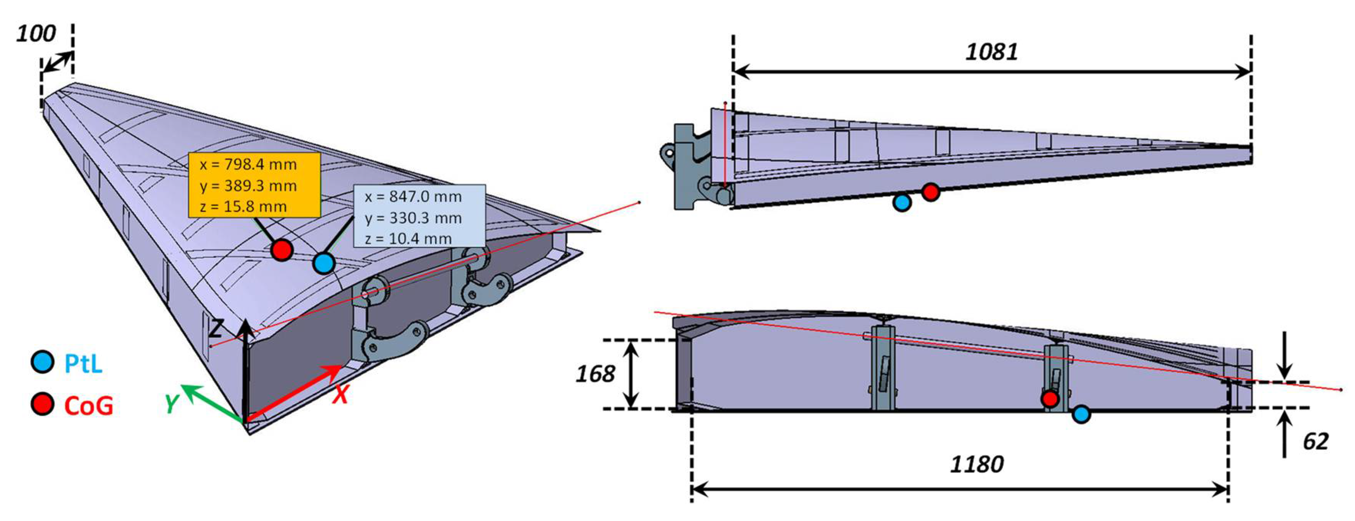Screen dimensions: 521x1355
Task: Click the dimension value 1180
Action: click(x=977, y=464)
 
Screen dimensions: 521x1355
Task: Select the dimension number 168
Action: click(x=595, y=374)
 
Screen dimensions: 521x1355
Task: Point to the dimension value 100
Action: click(x=36, y=34)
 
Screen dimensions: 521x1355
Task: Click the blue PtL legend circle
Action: click(x=43, y=362)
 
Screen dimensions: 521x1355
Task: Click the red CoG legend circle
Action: click(x=43, y=404)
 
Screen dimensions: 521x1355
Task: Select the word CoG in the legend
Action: click(x=88, y=406)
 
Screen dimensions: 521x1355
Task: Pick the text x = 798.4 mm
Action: click(x=248, y=164)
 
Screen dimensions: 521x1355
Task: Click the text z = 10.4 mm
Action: click(x=408, y=239)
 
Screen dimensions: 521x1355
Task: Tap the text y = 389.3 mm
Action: click(x=248, y=186)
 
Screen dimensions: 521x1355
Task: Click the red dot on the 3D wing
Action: click(x=281, y=250)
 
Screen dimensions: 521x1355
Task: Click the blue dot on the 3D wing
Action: click(x=323, y=262)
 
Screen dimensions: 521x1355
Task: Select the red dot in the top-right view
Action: click(x=931, y=192)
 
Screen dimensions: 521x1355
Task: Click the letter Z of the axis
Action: click(x=216, y=328)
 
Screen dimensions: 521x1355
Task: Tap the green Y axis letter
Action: click(x=172, y=404)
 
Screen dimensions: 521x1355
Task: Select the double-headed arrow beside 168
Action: click(x=631, y=374)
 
